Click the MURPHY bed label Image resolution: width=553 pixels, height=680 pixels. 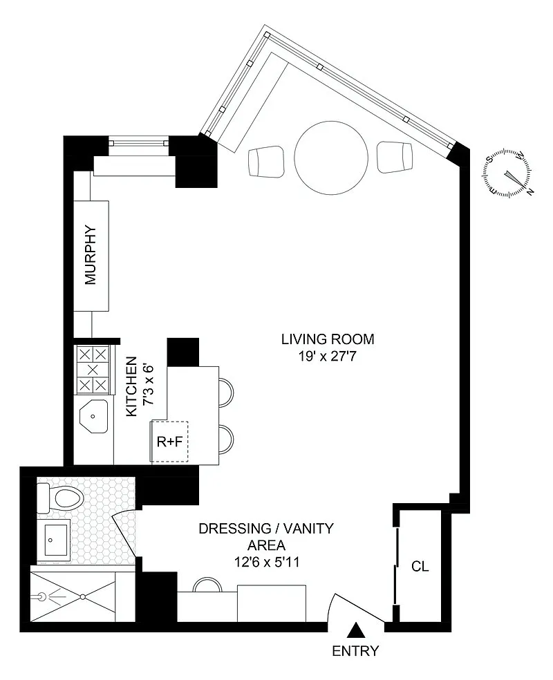[91, 254]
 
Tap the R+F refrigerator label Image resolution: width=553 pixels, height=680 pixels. [169, 442]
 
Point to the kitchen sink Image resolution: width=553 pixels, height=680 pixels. [93, 416]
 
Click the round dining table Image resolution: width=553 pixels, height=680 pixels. [331, 158]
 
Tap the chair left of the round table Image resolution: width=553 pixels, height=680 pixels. [267, 161]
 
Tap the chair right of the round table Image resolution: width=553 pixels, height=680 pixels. [394, 157]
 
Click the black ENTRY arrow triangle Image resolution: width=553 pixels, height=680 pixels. [356, 630]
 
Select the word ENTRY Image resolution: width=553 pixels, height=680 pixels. [355, 651]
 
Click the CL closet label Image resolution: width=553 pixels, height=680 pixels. [420, 567]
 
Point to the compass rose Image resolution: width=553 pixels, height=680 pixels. [507, 173]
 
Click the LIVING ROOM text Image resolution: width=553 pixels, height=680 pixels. [328, 339]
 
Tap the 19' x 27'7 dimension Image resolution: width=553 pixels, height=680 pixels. [327, 357]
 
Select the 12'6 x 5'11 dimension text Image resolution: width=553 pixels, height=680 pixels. [267, 563]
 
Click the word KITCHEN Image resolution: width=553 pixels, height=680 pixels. [132, 387]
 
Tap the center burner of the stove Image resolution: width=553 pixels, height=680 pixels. [93, 370]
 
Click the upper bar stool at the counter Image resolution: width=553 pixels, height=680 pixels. [226, 392]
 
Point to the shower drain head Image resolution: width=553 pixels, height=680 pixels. [41, 596]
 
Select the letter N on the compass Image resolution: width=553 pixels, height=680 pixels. [529, 192]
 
